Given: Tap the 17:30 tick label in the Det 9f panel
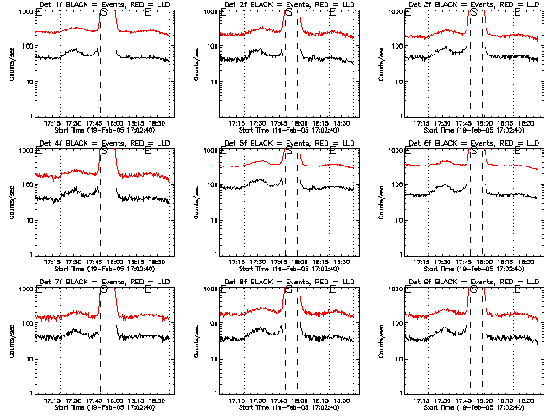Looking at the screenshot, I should [447, 400].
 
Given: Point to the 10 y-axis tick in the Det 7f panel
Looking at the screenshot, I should [28, 360].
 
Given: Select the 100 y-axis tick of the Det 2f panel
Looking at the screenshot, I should [210, 48].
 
